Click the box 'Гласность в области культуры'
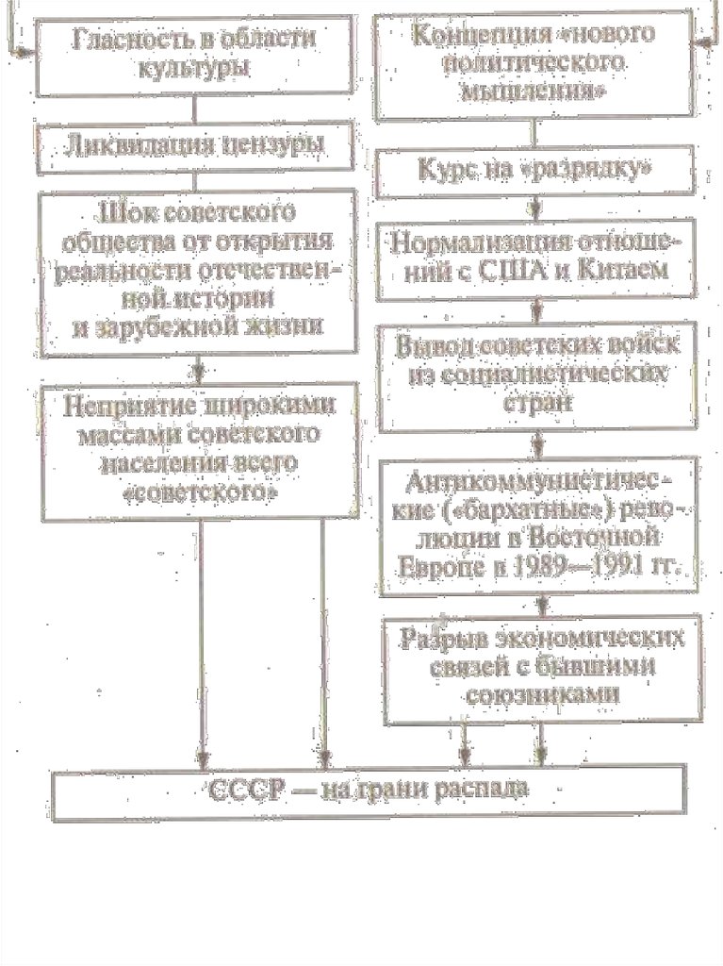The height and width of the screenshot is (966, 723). pyautogui.click(x=193, y=57)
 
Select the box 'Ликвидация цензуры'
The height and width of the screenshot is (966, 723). pyautogui.click(x=193, y=146)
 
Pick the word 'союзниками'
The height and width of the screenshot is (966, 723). pyautogui.click(x=543, y=693)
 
